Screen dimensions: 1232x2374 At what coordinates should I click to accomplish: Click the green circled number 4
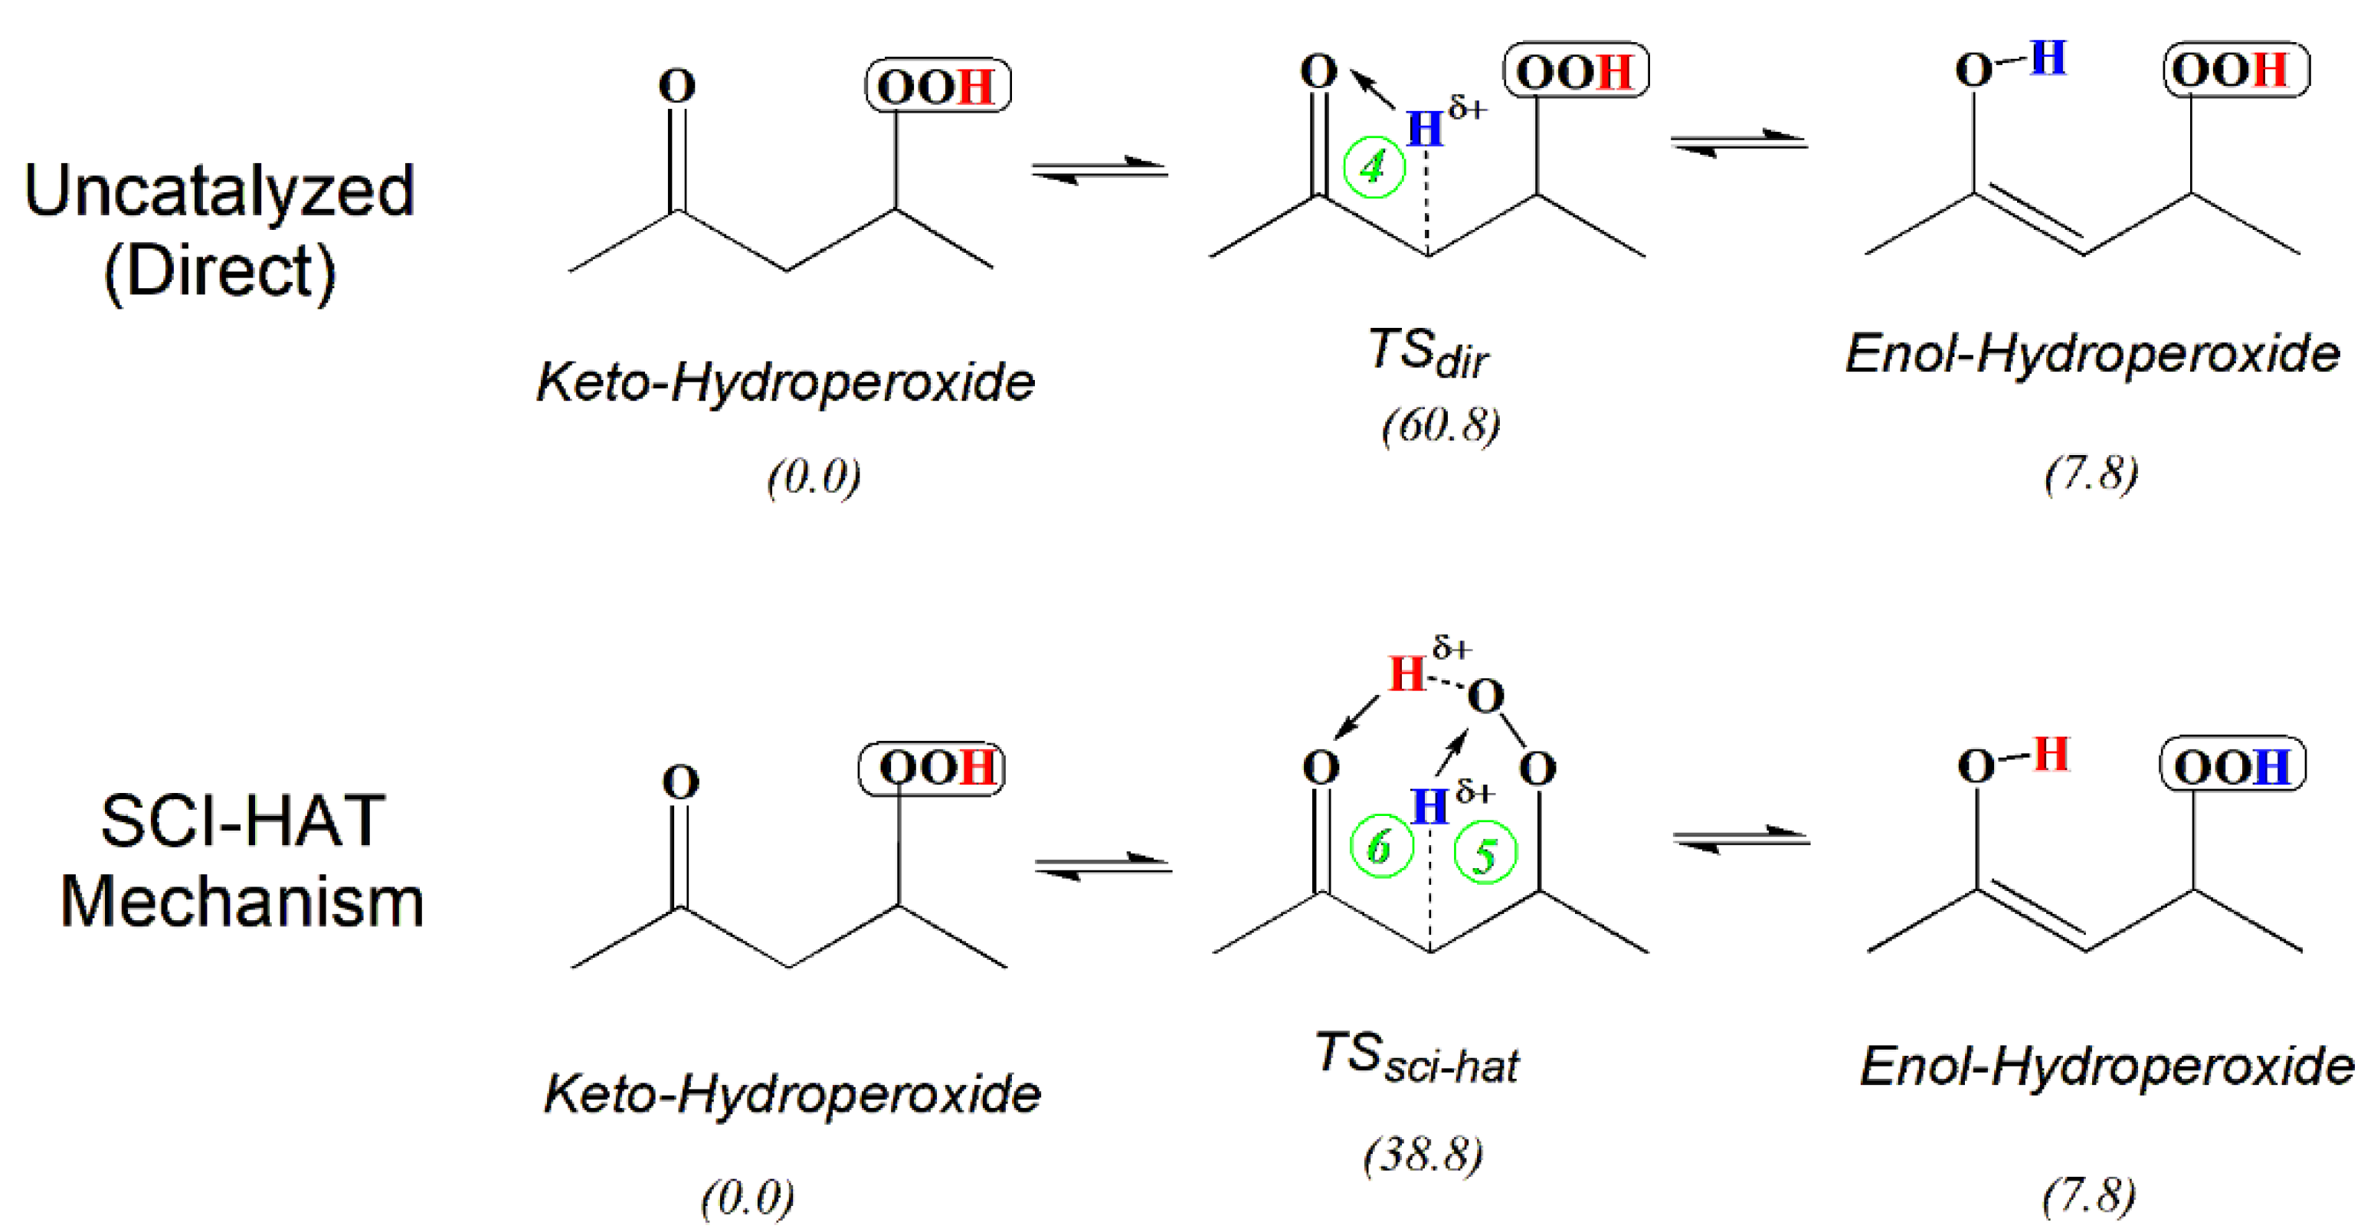[1374, 168]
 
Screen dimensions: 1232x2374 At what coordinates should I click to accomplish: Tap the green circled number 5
[1485, 854]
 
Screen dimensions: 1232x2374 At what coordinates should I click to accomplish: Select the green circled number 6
[1380, 847]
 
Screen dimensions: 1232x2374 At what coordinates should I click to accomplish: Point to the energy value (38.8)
[1423, 1154]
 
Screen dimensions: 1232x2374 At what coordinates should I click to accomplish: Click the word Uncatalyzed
[219, 191]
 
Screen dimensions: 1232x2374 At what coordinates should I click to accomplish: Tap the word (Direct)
[219, 272]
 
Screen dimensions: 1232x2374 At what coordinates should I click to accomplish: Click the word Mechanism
[242, 901]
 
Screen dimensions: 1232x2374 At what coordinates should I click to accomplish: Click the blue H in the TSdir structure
[1425, 129]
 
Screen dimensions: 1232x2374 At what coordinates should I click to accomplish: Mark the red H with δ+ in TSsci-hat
[1407, 673]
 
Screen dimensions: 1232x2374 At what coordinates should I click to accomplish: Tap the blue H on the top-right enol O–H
[2048, 58]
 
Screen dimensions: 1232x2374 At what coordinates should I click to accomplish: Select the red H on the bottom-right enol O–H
[2051, 754]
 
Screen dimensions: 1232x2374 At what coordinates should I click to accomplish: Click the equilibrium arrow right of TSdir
[1740, 143]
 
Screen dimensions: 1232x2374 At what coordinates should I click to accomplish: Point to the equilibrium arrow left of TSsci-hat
[1103, 867]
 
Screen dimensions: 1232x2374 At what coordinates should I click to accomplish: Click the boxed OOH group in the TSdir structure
[1575, 71]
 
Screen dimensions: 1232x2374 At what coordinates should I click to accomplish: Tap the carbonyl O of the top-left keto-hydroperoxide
[676, 87]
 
